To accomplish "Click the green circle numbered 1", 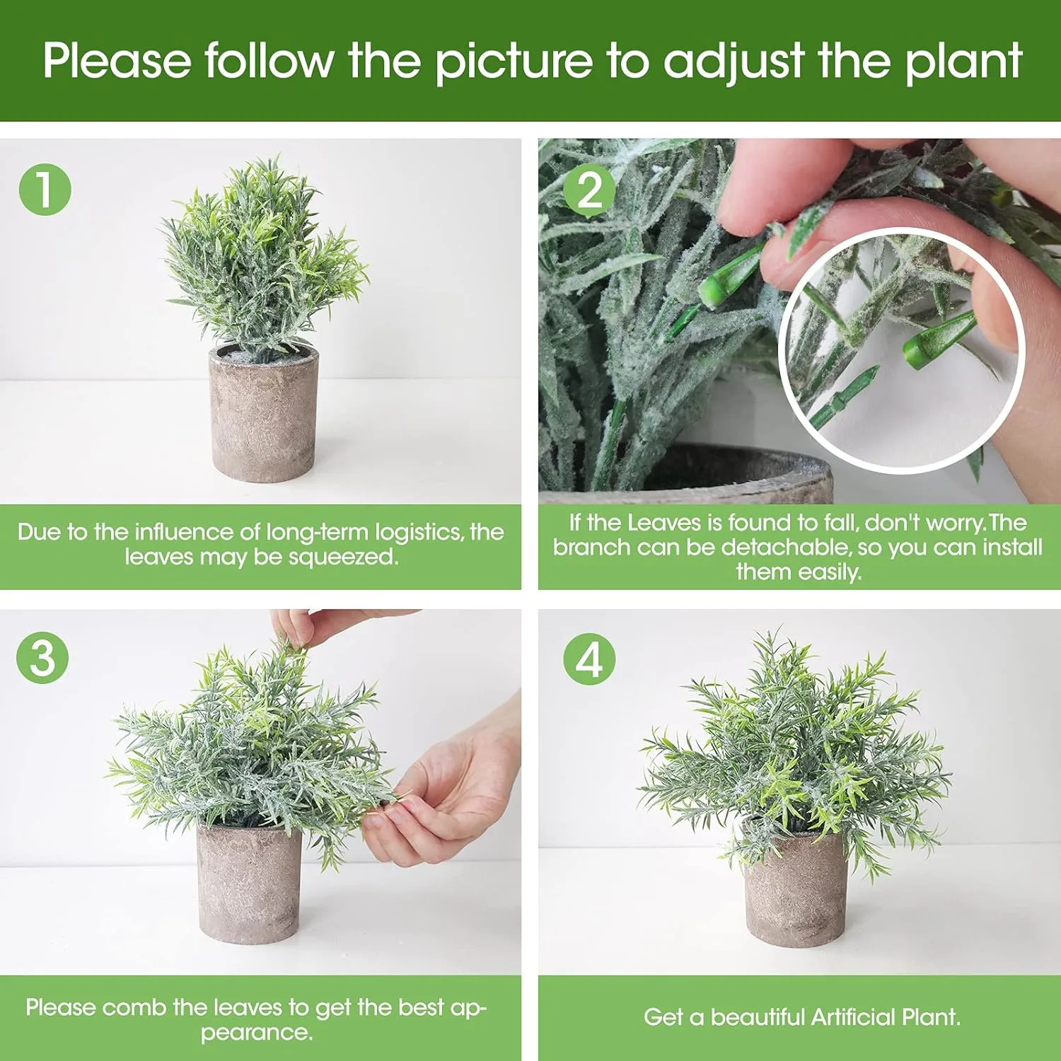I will (45, 190).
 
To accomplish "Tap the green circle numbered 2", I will (590, 190).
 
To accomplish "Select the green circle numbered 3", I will (42, 657).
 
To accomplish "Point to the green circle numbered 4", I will (589, 659).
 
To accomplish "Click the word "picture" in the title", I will (514, 62).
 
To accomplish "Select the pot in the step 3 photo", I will (248, 884).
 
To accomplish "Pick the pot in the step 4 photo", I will (796, 891).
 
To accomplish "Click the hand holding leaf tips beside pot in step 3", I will (446, 792).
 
